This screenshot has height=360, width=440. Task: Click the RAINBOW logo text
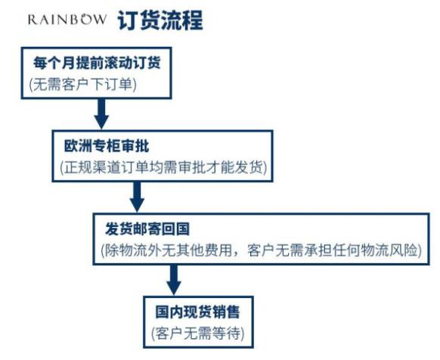67,20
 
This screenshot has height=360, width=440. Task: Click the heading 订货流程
160,20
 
